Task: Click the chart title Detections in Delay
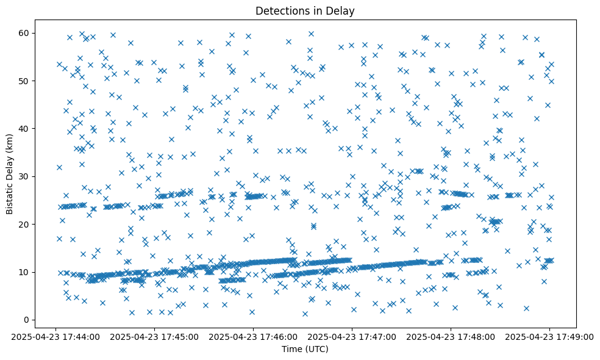point(305,11)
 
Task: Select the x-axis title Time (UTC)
point(305,349)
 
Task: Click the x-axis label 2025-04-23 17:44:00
point(56,336)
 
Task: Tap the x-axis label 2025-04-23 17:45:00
point(154,336)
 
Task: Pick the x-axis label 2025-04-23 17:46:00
point(253,336)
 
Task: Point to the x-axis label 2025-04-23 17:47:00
point(352,336)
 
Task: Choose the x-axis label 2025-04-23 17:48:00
point(451,336)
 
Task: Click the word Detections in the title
point(281,11)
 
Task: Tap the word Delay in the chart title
point(342,11)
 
